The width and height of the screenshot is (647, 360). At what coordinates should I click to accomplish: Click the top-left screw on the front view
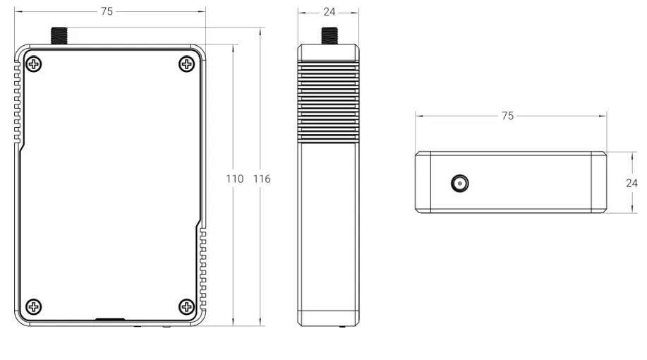(x=33, y=65)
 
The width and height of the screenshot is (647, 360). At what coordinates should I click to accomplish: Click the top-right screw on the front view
(x=187, y=65)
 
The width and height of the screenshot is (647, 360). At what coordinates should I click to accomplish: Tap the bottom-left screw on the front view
(x=33, y=306)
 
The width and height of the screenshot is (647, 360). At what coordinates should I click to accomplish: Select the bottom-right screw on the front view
(x=187, y=306)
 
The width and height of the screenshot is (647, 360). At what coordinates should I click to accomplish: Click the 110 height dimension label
(x=235, y=179)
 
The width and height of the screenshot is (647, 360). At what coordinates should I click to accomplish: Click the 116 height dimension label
(x=261, y=179)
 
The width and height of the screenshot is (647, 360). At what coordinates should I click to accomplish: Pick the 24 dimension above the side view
(x=329, y=11)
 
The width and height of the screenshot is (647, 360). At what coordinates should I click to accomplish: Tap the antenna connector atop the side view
(x=329, y=35)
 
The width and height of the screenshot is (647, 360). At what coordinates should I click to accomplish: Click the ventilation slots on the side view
(x=329, y=99)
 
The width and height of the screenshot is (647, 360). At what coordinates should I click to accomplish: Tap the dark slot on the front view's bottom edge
(x=107, y=320)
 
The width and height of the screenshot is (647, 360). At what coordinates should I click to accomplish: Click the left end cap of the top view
(x=423, y=182)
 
